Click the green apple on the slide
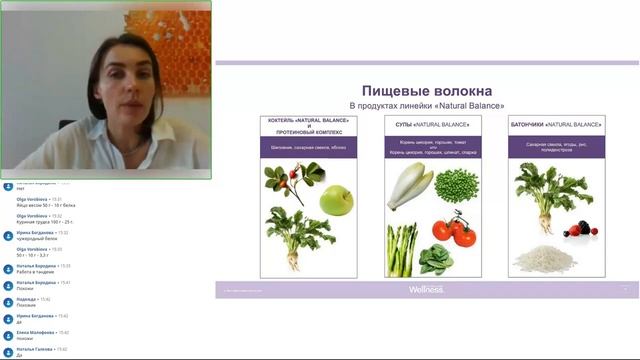click(337, 199)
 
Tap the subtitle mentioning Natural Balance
click(427, 105)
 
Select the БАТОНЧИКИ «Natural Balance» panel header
click(556, 125)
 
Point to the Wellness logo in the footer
click(426, 289)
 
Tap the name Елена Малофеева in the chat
click(36, 332)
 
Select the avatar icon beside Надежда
click(8, 300)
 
